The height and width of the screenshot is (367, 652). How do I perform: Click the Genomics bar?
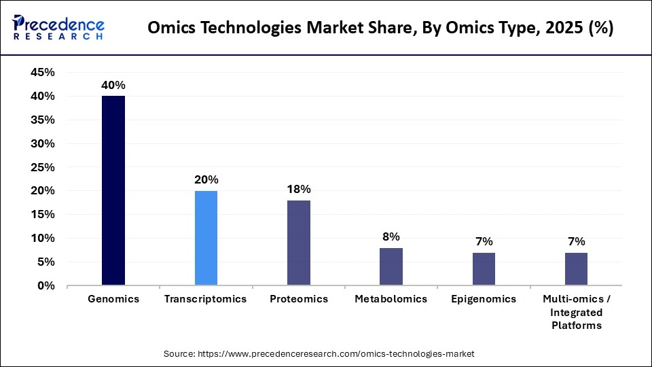point(113,190)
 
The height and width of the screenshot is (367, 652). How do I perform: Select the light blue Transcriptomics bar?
point(206,238)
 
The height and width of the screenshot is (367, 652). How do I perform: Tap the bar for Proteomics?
point(299,243)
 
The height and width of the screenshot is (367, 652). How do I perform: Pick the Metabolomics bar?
point(391,266)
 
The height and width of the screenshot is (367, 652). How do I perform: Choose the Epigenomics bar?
point(484,268)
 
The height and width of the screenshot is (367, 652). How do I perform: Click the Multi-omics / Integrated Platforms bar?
point(576,268)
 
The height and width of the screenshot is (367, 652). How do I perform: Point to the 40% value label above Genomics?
point(113,86)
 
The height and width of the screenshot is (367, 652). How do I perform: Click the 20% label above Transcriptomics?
point(206,180)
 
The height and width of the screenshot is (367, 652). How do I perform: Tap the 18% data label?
point(299,190)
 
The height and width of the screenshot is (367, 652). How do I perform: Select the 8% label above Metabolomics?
point(391,237)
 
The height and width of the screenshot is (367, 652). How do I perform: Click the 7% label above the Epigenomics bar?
point(484,242)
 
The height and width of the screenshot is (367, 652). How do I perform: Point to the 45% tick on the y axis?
point(43,73)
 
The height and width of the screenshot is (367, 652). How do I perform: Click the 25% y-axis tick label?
point(43,167)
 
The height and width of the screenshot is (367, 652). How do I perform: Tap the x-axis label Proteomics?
point(299,299)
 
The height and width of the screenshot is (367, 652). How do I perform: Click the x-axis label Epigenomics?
point(484,299)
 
